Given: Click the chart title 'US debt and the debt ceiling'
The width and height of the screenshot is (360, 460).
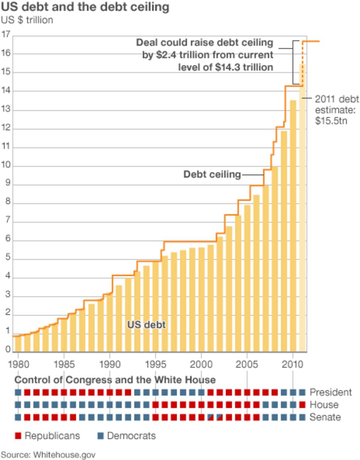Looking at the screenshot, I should [85, 7].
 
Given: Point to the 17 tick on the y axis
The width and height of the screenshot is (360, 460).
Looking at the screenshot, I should [6, 35].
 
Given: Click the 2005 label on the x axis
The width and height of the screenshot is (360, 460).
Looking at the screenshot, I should [247, 364].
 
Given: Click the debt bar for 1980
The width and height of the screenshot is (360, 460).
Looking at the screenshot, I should [18, 343].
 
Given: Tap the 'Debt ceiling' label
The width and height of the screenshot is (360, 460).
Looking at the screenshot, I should [212, 174].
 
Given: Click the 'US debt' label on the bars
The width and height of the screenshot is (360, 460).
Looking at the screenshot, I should [146, 325].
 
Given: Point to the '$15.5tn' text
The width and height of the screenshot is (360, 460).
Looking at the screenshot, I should [331, 121].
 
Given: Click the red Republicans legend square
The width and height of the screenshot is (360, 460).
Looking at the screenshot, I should [18, 436].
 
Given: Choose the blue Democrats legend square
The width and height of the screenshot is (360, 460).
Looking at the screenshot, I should [100, 436].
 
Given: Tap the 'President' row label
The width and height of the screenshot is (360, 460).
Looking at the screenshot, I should [330, 392].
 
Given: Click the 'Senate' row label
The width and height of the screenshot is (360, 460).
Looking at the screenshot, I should [325, 417].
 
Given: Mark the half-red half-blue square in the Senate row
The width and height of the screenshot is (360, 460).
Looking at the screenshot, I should [211, 417].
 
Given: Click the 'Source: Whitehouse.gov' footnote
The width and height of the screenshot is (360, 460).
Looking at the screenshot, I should [48, 454].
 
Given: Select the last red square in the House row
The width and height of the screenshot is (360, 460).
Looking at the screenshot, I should [302, 405].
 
